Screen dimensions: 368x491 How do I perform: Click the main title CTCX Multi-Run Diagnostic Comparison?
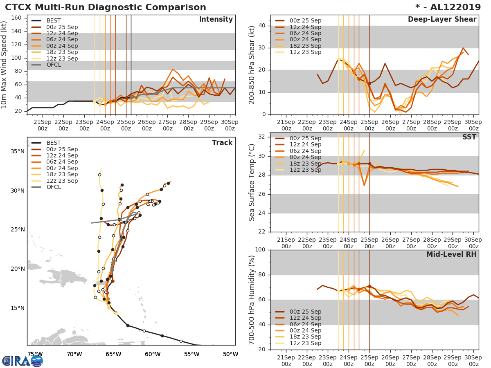106,7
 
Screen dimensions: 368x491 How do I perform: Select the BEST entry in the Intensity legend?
54,20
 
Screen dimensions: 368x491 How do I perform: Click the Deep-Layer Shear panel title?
442,20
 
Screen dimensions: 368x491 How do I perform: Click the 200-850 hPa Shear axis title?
252,65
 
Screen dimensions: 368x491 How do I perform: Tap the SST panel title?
469,137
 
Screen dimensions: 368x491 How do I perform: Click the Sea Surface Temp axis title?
252,183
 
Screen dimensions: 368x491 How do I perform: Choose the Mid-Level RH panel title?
451,254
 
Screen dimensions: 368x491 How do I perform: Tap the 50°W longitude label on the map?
230,354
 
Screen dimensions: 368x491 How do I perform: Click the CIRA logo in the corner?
23,361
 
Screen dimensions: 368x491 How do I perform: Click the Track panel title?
222,143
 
